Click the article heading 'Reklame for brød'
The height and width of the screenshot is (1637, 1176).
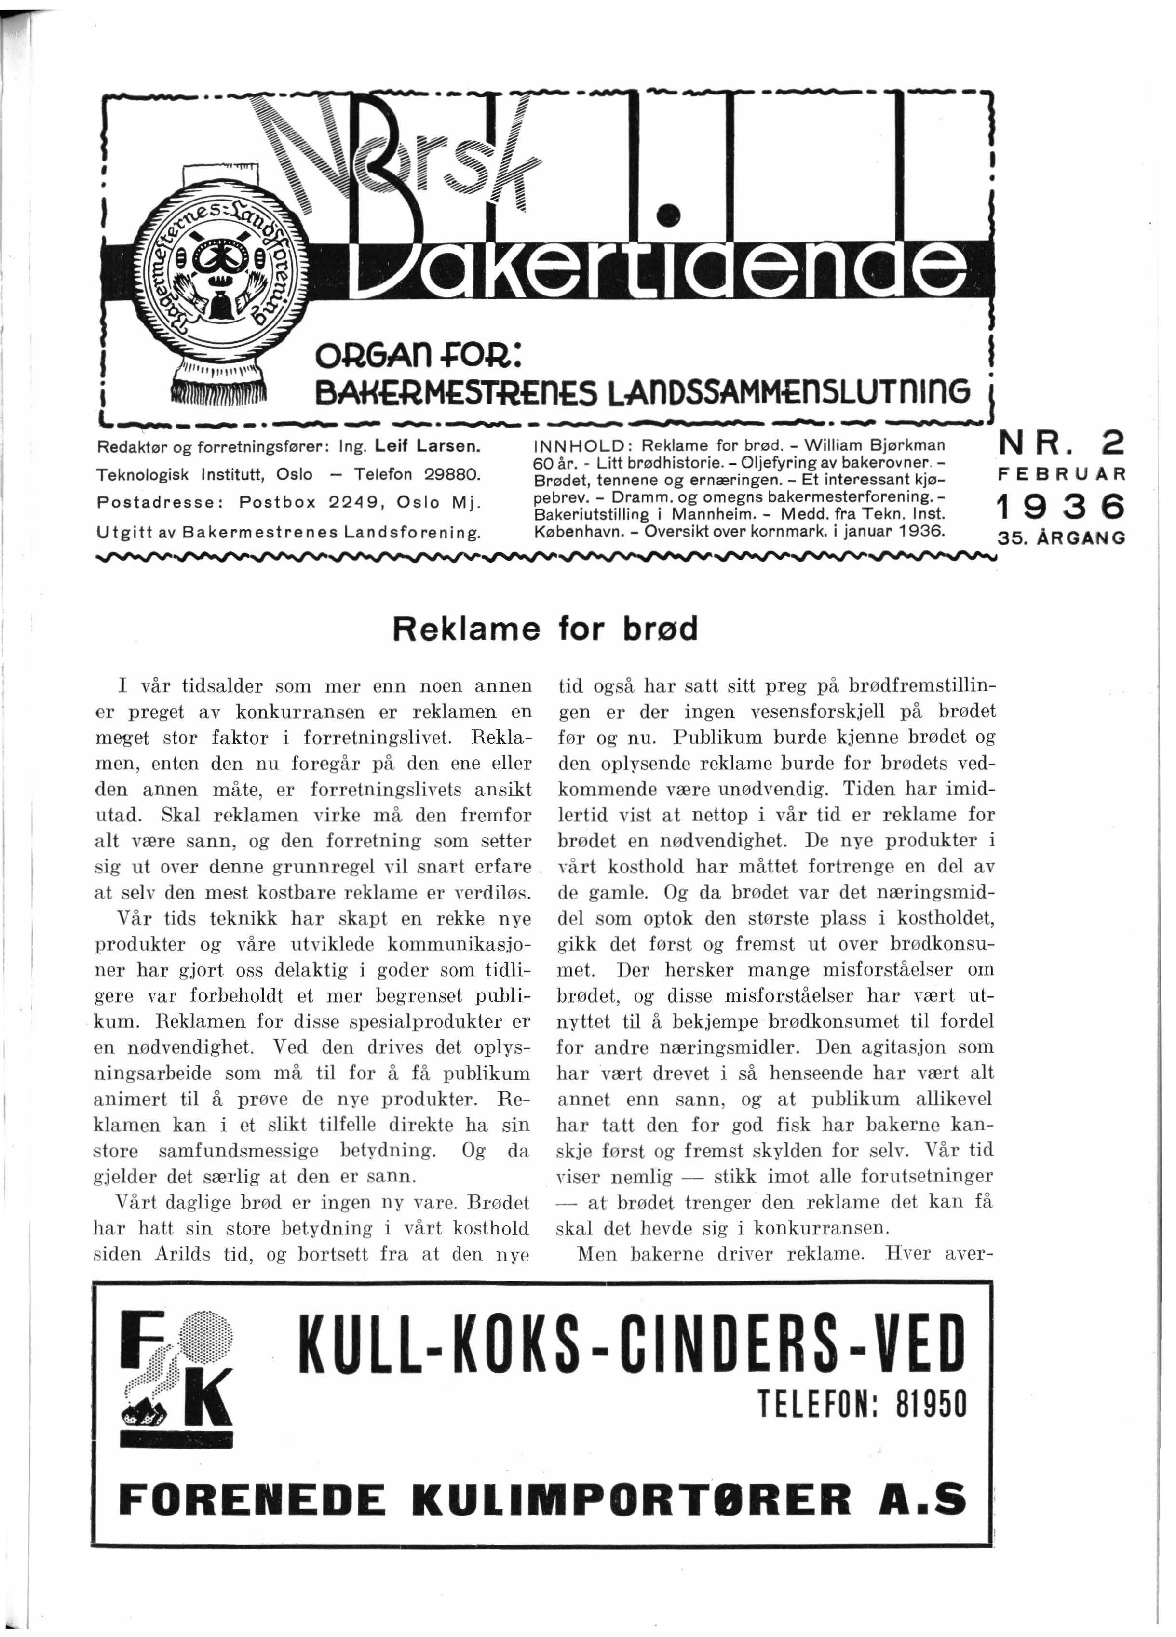tap(545, 630)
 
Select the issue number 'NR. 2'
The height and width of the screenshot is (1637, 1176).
tap(1060, 443)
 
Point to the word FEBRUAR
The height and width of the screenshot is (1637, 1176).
tap(1060, 475)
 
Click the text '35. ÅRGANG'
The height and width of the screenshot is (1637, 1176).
tap(1060, 538)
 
